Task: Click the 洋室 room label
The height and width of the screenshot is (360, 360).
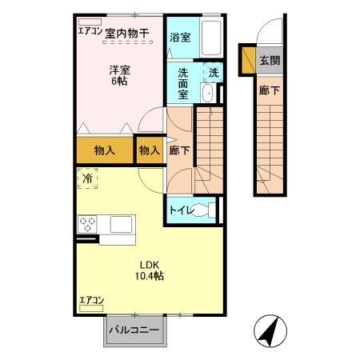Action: pyautogui.click(x=120, y=69)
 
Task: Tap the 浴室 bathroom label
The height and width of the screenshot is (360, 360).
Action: pyautogui.click(x=179, y=37)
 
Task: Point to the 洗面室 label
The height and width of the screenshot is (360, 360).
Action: pyautogui.click(x=183, y=82)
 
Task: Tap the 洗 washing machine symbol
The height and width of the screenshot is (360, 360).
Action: pyautogui.click(x=213, y=72)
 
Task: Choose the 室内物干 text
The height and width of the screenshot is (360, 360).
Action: pyautogui.click(x=127, y=33)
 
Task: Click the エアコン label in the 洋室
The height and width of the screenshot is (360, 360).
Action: pyautogui.click(x=89, y=32)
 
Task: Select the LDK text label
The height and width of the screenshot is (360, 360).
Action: pyautogui.click(x=150, y=265)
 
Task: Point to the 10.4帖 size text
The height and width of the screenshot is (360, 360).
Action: pyautogui.click(x=150, y=277)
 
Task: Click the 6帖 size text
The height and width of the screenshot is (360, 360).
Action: pyautogui.click(x=120, y=82)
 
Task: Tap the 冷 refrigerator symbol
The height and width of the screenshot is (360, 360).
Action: pyautogui.click(x=87, y=180)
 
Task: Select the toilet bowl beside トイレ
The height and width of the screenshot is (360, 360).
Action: pyautogui.click(x=210, y=212)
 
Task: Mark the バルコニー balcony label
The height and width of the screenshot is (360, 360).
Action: pyautogui.click(x=134, y=330)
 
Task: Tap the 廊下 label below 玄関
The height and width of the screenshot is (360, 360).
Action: pyautogui.click(x=270, y=90)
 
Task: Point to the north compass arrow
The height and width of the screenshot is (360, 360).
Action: pyautogui.click(x=270, y=330)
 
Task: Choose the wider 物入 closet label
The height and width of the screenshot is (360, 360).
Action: pyautogui.click(x=105, y=150)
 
